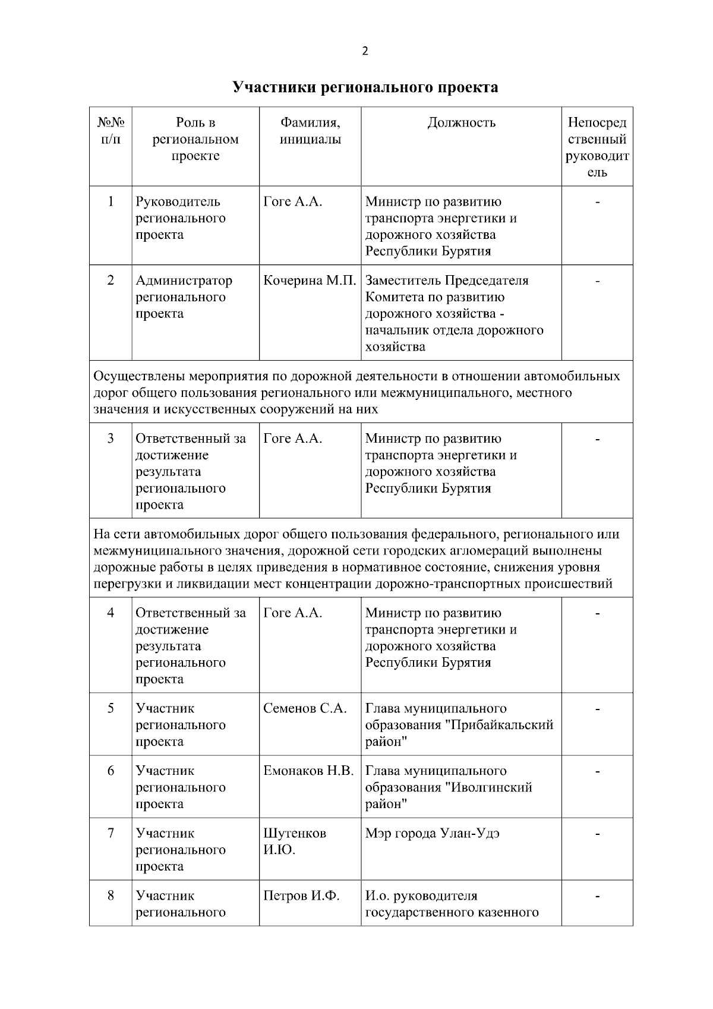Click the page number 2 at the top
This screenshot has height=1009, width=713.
point(365,51)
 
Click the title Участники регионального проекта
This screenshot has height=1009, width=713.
point(365,87)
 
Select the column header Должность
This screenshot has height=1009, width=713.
point(461,123)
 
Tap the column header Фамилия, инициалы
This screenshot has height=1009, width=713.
point(310,131)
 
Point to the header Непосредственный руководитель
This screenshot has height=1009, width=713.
point(597,147)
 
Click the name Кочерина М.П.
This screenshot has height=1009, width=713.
point(309,280)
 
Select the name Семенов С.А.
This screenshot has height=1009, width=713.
point(304,708)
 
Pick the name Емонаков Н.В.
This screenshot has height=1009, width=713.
point(308,771)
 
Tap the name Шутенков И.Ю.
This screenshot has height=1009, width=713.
point(295,841)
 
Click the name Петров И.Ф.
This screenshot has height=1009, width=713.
point(301,896)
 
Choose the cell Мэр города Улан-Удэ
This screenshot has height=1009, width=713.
point(432,833)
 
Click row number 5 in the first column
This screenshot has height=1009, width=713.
point(111,708)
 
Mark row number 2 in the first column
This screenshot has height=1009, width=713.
point(111,280)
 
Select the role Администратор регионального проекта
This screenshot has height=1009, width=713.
point(184,297)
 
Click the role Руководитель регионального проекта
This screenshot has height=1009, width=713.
point(180,218)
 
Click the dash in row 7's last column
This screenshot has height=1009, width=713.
point(597,834)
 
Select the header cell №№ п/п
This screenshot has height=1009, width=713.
point(111,131)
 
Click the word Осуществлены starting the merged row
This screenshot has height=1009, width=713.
point(138,376)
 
